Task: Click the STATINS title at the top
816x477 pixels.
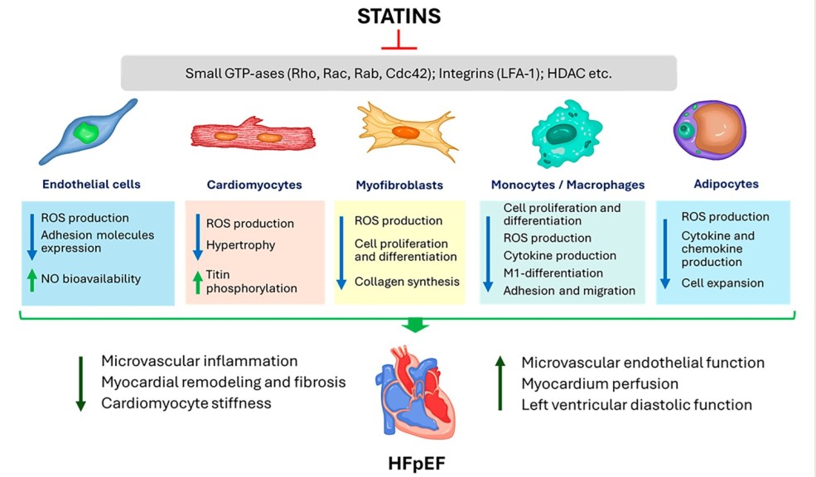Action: click(x=399, y=16)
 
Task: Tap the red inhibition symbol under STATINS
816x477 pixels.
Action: click(x=399, y=41)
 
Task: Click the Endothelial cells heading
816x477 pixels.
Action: click(x=90, y=185)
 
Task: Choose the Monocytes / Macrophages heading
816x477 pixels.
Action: click(x=567, y=185)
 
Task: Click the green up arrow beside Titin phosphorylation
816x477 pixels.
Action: click(x=198, y=282)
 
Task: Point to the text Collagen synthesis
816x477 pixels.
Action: click(x=407, y=282)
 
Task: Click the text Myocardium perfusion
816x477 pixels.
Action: click(x=600, y=384)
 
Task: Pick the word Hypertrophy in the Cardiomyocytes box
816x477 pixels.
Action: click(x=240, y=245)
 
